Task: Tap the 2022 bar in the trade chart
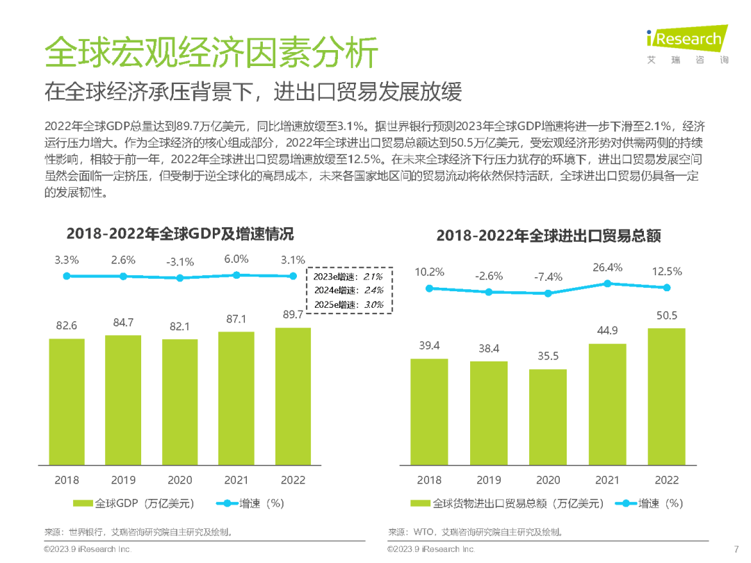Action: [x=666, y=395]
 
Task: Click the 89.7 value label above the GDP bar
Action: [x=293, y=316]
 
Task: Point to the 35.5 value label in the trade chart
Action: [x=547, y=357]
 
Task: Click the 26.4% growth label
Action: [x=607, y=268]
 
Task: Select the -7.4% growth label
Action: [x=548, y=277]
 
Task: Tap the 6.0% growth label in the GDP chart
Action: [x=236, y=259]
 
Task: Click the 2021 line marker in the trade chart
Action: [x=607, y=284]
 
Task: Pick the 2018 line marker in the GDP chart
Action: [x=67, y=276]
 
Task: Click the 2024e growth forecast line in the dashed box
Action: [x=348, y=291]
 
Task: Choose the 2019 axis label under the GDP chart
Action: [x=123, y=480]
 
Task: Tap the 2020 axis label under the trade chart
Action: [x=548, y=480]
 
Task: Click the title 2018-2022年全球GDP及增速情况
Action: [x=180, y=233]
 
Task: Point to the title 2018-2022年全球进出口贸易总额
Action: [x=548, y=236]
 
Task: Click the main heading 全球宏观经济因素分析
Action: [x=211, y=53]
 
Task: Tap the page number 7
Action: [x=736, y=548]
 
